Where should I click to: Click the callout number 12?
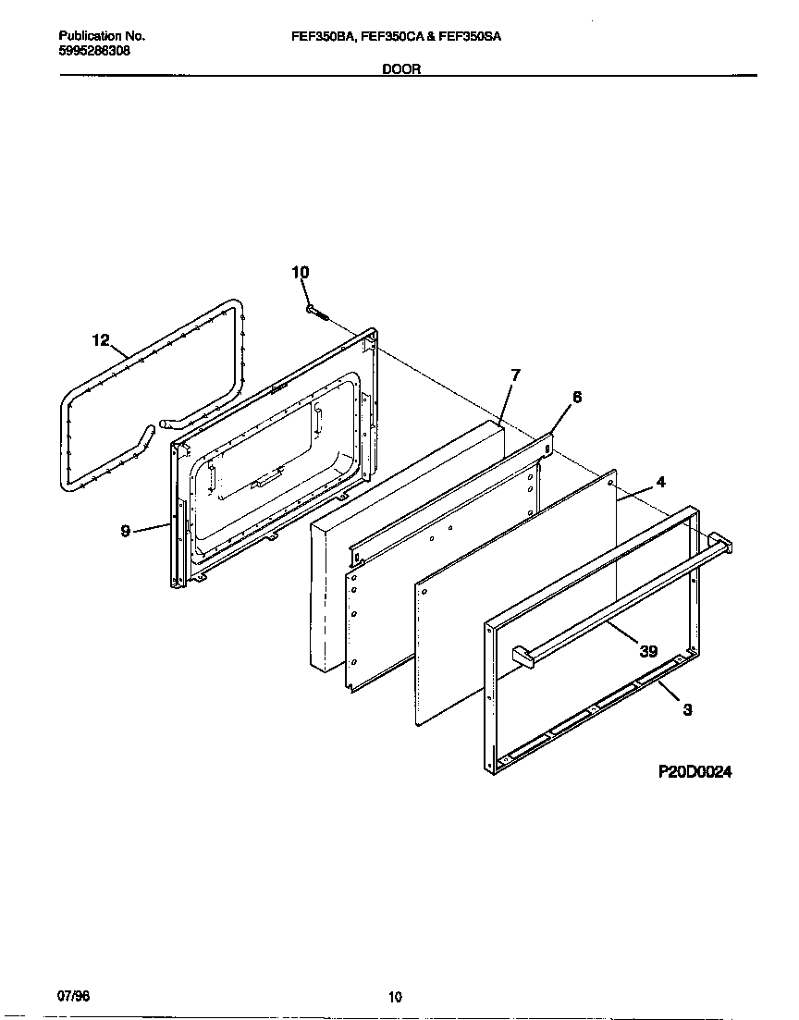click(101, 340)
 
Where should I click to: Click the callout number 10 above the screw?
click(301, 272)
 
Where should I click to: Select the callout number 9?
click(125, 532)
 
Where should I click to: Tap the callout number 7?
click(515, 375)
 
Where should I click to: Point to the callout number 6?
click(577, 398)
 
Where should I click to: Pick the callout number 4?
click(660, 482)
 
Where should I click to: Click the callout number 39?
click(647, 651)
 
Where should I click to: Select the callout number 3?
click(686, 710)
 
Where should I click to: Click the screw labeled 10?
click(317, 313)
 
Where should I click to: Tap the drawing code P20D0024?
click(695, 772)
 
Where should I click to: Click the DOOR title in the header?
click(401, 69)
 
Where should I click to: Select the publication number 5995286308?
click(94, 52)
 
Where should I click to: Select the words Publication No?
click(102, 36)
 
